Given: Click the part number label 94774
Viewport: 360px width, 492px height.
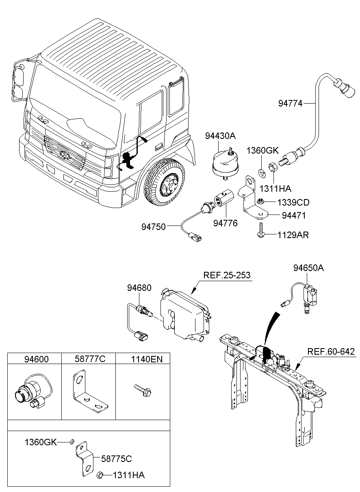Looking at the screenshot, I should point(290,103).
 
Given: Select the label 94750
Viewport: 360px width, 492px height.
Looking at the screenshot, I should point(154,227).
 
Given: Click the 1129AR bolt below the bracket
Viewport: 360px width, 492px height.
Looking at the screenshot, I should point(259,230).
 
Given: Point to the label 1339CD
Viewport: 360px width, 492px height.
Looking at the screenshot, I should point(293,202).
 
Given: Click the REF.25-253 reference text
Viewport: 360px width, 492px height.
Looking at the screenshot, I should point(227,275).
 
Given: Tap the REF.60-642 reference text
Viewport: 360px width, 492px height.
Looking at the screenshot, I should point(331,351).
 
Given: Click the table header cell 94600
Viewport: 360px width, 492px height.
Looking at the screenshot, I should point(34,359).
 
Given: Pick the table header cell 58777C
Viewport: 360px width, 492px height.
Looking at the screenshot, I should point(89,359).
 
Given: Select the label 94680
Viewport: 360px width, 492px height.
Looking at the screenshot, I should point(139,288).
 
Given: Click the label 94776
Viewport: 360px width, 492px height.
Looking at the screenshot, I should point(226,223).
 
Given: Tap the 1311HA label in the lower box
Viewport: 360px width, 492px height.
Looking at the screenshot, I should point(128,475).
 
